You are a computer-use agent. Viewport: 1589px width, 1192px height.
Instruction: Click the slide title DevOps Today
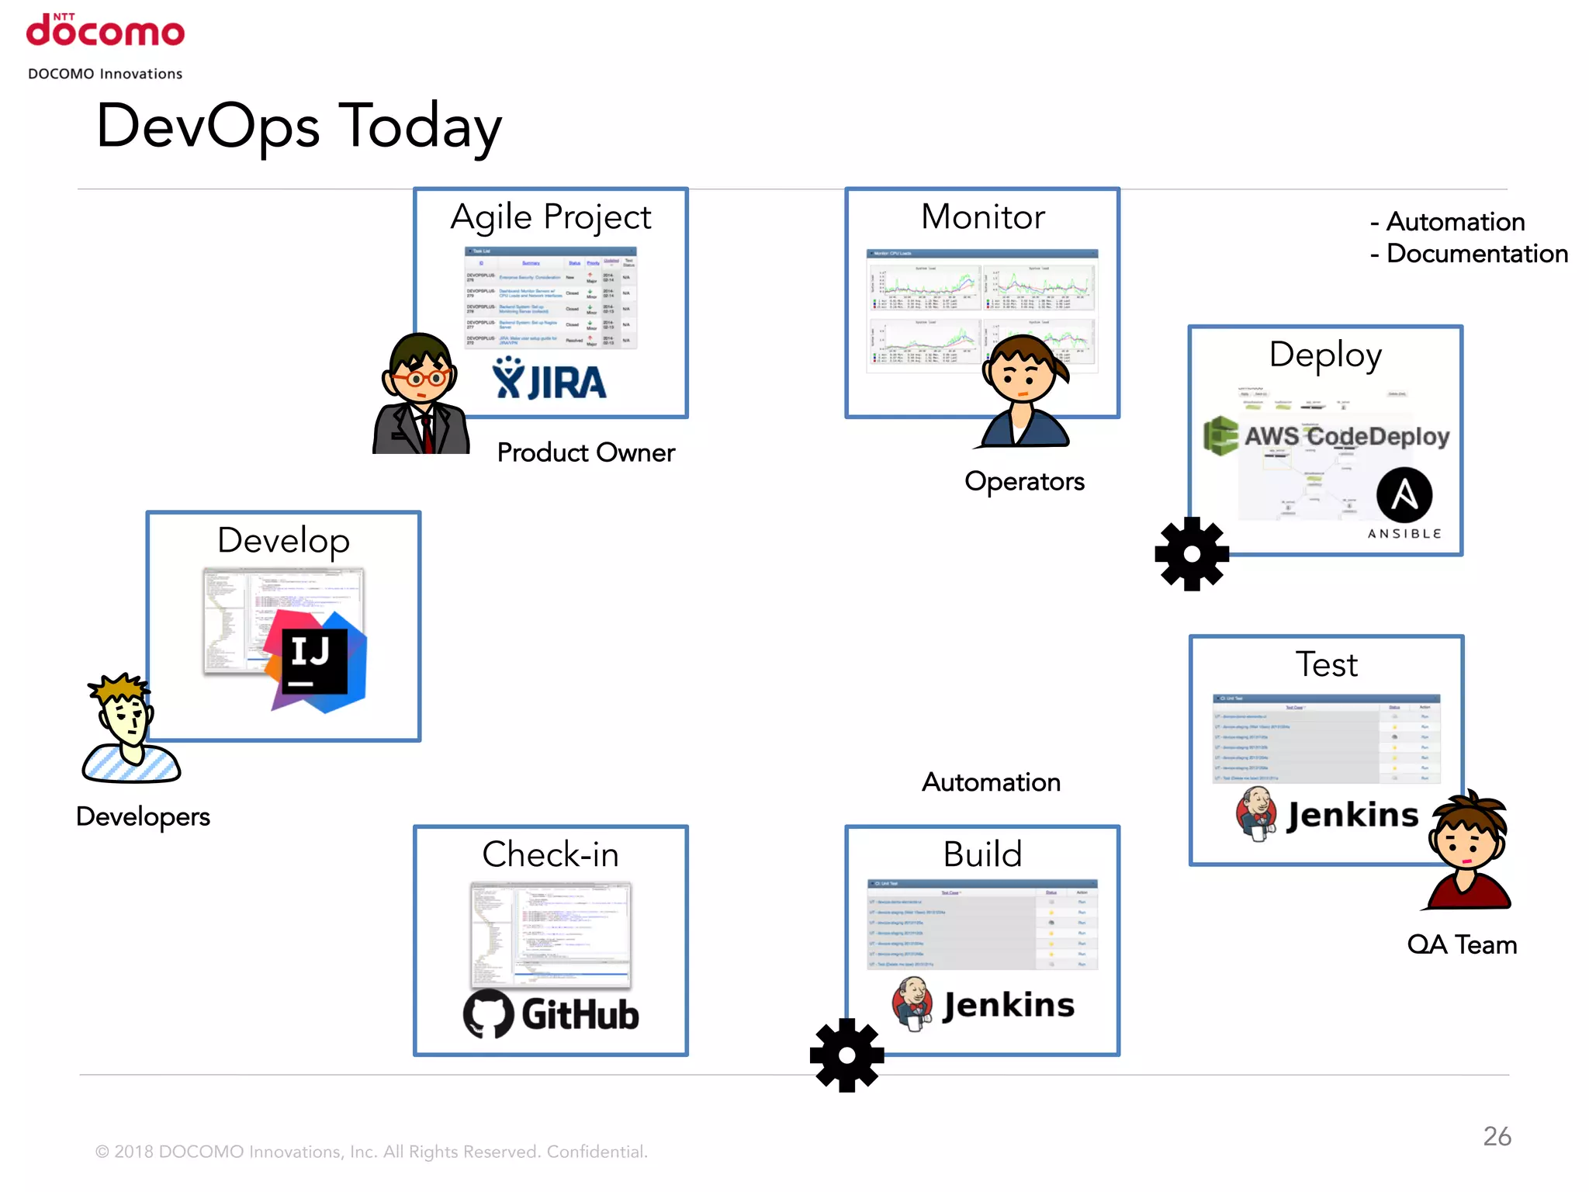pos(299,126)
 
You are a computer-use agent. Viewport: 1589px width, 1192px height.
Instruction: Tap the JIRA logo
pos(549,380)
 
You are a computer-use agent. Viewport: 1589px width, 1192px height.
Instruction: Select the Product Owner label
pos(586,452)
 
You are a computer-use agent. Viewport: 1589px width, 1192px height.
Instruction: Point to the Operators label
pos(1024,481)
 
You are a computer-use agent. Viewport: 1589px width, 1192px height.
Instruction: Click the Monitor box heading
pos(982,217)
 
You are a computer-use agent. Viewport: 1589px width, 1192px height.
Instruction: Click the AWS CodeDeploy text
pos(1346,436)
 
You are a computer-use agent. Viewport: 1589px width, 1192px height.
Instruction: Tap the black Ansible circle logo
pos(1404,495)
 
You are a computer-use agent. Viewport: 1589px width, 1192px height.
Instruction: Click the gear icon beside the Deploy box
pos(1192,553)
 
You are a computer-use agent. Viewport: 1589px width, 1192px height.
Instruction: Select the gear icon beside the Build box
pos(846,1055)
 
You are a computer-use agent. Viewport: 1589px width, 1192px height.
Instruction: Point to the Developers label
pos(143,816)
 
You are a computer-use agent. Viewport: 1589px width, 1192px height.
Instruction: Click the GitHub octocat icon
pos(489,1014)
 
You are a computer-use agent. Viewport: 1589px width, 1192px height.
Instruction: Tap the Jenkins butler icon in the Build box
pos(913,1003)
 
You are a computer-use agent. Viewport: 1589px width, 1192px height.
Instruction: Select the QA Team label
pos(1462,944)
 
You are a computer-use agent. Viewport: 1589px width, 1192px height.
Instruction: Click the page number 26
pos(1497,1136)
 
